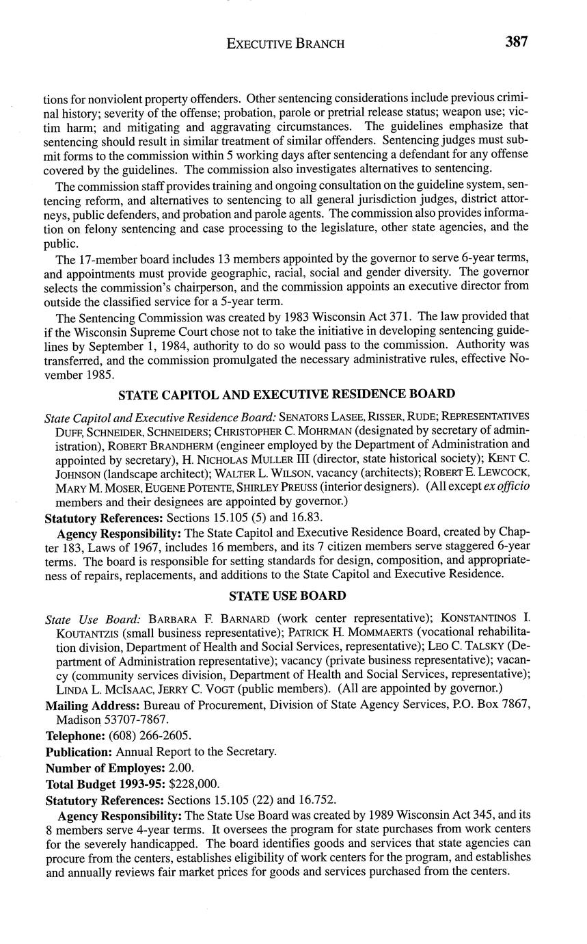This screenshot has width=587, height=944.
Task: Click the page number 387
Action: click(x=517, y=42)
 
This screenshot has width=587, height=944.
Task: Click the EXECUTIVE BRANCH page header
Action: click(x=285, y=44)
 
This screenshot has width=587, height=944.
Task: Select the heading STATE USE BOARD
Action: click(x=287, y=596)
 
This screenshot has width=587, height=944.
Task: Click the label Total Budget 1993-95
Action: click(x=105, y=783)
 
